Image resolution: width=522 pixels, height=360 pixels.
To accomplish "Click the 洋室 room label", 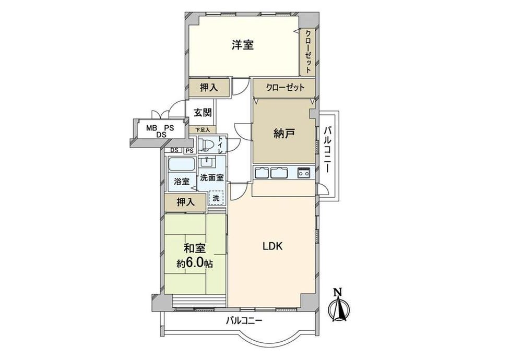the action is pyautogui.click(x=243, y=45).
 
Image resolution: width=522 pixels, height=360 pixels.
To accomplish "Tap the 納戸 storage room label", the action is pyautogui.click(x=283, y=134).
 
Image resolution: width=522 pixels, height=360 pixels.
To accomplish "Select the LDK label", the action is pyautogui.click(x=272, y=247).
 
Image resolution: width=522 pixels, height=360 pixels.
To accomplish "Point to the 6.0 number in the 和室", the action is pyautogui.click(x=194, y=263).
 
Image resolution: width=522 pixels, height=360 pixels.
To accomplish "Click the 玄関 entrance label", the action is pyautogui.click(x=203, y=113).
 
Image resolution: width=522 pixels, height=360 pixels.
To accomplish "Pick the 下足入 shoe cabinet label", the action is pyautogui.click(x=203, y=130).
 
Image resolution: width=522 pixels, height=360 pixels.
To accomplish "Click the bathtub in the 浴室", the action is pyautogui.click(x=182, y=164).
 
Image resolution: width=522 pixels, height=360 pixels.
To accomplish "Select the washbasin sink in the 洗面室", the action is pyautogui.click(x=207, y=162).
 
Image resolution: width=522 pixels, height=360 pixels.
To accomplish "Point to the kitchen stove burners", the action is pyautogui.click(x=303, y=173).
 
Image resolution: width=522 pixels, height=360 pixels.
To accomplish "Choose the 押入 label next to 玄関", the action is pyautogui.click(x=209, y=88).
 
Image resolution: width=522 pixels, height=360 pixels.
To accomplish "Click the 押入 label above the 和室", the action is pyautogui.click(x=185, y=202).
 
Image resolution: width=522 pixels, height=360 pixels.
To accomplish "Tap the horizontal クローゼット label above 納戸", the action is pyautogui.click(x=285, y=88).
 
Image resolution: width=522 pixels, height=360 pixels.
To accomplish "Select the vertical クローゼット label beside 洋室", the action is pyautogui.click(x=309, y=52).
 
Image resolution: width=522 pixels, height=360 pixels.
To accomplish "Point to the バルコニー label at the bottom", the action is pyautogui.click(x=244, y=321).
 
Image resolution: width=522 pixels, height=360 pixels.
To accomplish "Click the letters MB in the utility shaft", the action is pyautogui.click(x=152, y=128).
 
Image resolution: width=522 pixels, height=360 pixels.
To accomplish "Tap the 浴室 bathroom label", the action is pyautogui.click(x=182, y=182).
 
